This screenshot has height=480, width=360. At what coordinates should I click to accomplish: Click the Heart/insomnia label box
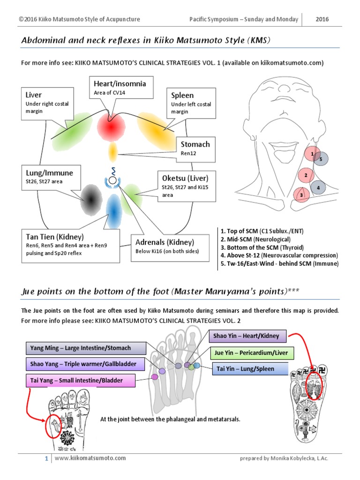pos(120,88)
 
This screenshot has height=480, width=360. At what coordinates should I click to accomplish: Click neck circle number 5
pos(321,159)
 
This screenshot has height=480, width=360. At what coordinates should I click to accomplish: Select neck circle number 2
pos(306,176)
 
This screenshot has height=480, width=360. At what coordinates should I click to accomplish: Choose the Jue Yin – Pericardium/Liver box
pos(252,352)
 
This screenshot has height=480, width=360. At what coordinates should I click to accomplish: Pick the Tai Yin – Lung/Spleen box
pos(249,369)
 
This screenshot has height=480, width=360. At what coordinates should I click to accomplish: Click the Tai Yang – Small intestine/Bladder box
pos(80,381)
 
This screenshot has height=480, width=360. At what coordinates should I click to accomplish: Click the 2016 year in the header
pos(322,19)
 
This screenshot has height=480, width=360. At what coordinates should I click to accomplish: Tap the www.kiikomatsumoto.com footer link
pos(90,458)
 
